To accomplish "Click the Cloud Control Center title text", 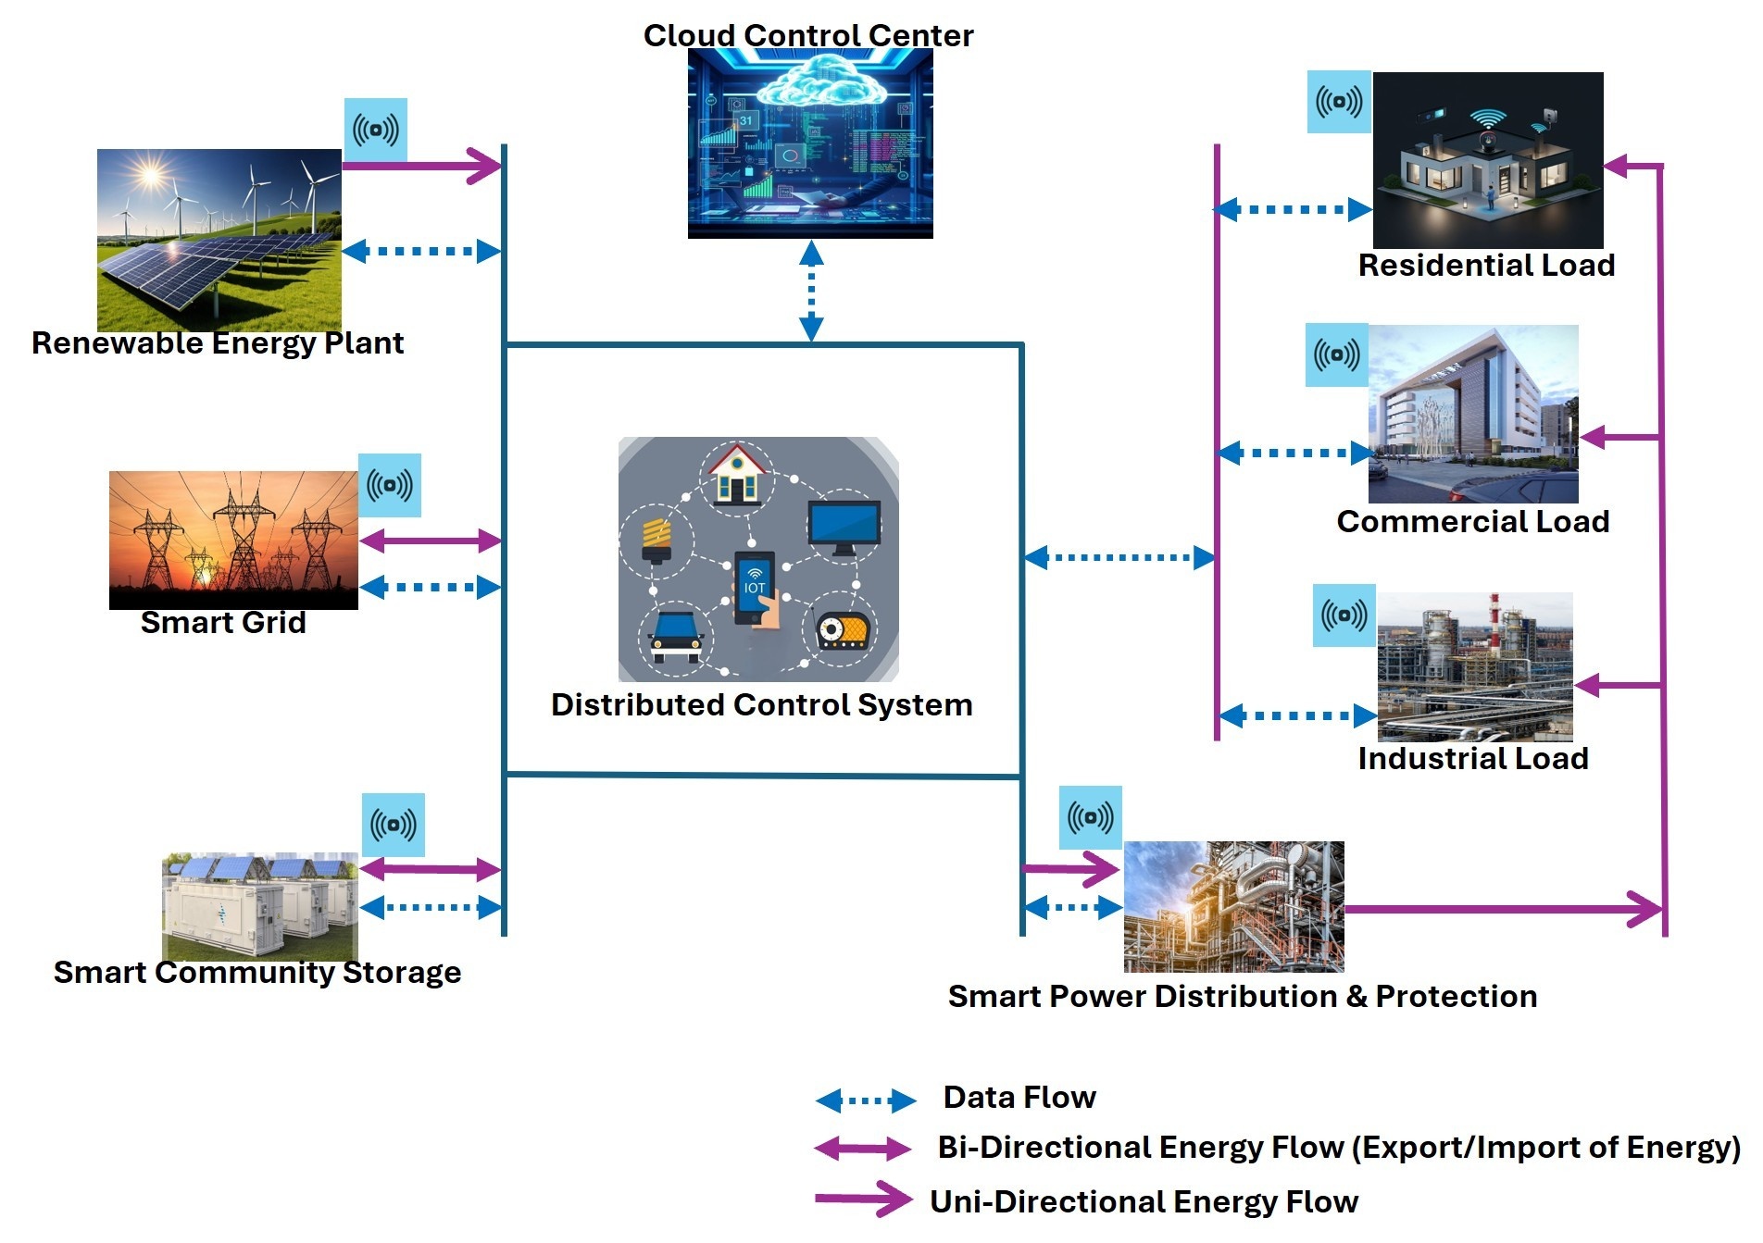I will (x=807, y=35).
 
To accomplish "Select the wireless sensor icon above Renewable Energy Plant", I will (x=376, y=130).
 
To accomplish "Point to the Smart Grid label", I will (x=223, y=622).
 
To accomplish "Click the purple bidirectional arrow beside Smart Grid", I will (x=431, y=541).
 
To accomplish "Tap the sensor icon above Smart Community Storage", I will (x=394, y=825).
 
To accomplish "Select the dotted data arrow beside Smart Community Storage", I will (x=431, y=908).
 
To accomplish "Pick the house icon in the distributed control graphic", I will (x=737, y=474).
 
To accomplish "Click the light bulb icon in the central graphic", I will (x=656, y=540).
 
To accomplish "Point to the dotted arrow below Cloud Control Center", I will (x=811, y=291).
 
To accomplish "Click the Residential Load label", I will (x=1486, y=266).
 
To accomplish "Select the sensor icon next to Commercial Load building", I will (x=1337, y=354).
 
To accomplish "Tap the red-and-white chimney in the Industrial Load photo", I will (x=1494, y=615).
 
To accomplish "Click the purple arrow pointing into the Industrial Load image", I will (x=1617, y=686).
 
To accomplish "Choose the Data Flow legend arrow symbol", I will (x=866, y=1100).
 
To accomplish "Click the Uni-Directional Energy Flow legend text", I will (x=1144, y=1201).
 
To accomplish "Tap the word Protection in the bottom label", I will (x=1456, y=997).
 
